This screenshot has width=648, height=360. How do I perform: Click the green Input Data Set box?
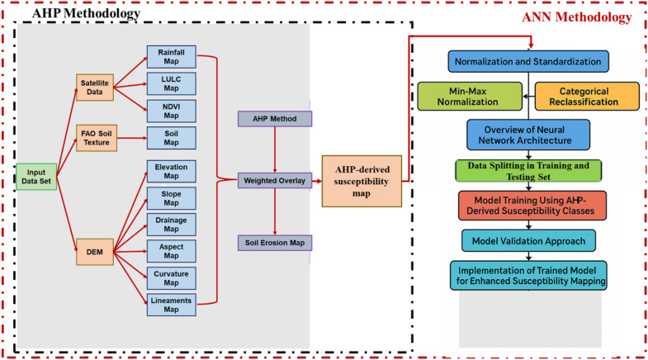36,177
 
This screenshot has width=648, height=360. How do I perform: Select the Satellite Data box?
95,88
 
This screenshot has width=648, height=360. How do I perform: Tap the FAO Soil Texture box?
97,138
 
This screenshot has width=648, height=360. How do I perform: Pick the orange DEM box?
95,252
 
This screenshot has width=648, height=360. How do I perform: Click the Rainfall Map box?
171,57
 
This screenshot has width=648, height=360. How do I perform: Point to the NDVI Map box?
171,111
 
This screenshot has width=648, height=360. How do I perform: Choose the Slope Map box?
171,198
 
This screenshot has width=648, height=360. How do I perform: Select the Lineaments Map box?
171,305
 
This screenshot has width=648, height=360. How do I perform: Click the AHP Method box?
275,119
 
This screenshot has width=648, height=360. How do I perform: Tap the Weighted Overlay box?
275,181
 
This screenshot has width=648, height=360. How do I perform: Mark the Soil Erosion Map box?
275,243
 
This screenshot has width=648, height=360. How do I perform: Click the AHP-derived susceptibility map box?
362,181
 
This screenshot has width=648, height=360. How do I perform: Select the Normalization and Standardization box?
528,62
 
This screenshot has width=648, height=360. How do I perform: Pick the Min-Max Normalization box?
470,97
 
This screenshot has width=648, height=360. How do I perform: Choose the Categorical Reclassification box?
587,97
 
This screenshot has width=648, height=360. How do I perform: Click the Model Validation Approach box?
528,241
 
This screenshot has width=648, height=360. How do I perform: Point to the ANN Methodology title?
576,17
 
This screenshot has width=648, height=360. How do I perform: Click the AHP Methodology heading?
87,13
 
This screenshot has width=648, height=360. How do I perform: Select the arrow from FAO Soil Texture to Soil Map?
132,138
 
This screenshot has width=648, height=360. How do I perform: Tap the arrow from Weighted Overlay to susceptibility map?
316,181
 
